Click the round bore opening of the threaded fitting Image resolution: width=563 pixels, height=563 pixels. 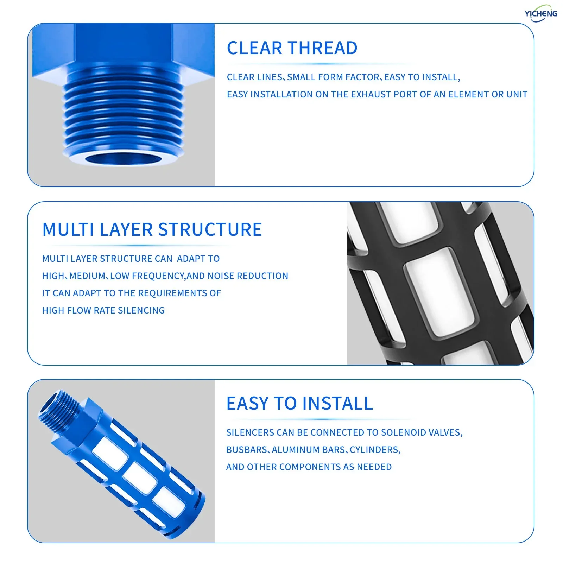[123, 159]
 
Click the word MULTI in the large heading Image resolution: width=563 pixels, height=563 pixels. [68, 229]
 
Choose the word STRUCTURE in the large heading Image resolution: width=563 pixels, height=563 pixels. [210, 229]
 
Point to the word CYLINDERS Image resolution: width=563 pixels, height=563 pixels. [375, 450]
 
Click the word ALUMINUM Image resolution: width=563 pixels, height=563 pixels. [296, 450]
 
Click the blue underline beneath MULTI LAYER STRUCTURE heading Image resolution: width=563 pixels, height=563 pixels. [137, 245]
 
